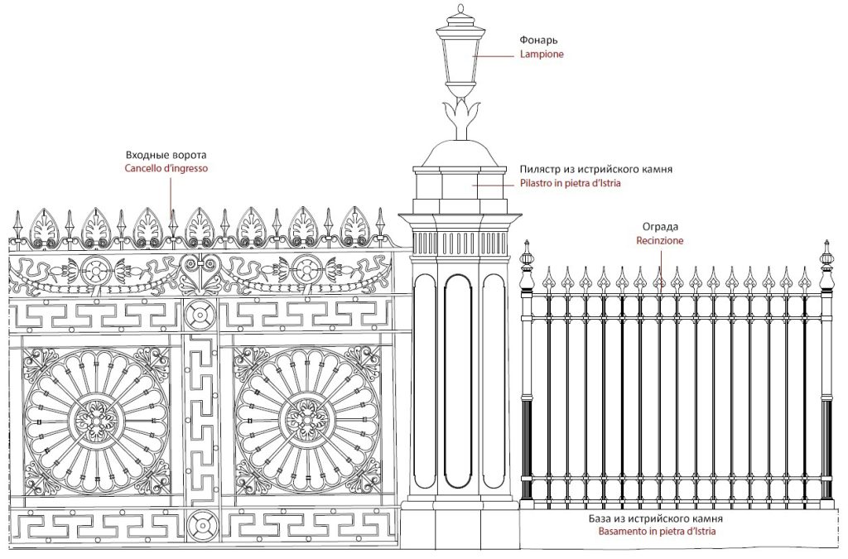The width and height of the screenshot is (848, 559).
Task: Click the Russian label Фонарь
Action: point(538,40)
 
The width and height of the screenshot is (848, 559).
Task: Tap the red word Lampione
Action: point(542,54)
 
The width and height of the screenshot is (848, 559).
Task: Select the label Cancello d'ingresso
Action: point(166,168)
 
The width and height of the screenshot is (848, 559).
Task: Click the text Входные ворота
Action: point(166,155)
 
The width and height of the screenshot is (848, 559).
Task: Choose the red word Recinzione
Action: point(660,240)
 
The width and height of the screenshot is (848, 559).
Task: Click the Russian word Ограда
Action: point(660,227)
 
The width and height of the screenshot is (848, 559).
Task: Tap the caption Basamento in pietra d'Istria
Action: point(657,532)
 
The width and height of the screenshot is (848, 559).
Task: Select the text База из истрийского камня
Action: point(656,518)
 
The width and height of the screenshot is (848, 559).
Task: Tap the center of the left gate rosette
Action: point(96,421)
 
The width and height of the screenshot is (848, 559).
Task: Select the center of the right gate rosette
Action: point(307,421)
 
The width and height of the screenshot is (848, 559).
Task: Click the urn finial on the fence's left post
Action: point(527,266)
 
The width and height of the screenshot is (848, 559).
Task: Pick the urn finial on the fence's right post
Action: point(826,266)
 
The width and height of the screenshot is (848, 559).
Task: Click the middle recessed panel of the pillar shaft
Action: point(459,381)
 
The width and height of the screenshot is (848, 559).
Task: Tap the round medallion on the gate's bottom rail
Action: point(200,524)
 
